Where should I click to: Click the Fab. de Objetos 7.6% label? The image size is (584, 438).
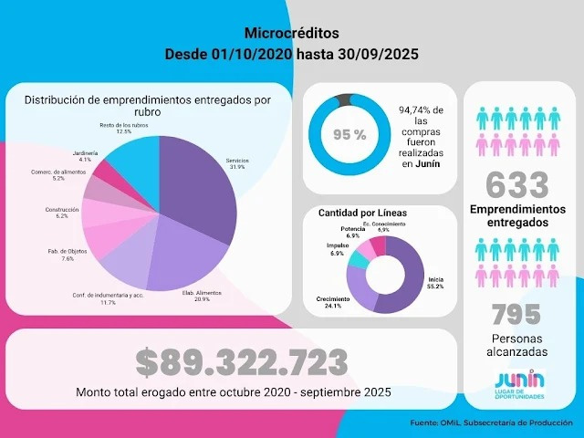pos(68,254)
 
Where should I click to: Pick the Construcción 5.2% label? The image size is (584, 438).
pos(63,213)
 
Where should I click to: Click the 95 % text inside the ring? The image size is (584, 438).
pos(349,134)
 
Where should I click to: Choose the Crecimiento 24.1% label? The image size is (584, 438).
pos(332,302)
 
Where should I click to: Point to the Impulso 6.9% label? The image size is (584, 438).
pos(338,249)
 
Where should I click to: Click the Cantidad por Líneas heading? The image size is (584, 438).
pos(362,213)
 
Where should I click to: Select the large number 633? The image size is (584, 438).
pos(517,185)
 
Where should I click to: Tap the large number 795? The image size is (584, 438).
pos(516,315)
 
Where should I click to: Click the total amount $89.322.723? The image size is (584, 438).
pos(242,362)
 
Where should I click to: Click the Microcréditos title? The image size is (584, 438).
pos(291,33)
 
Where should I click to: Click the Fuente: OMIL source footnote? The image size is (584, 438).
pos(491,422)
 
